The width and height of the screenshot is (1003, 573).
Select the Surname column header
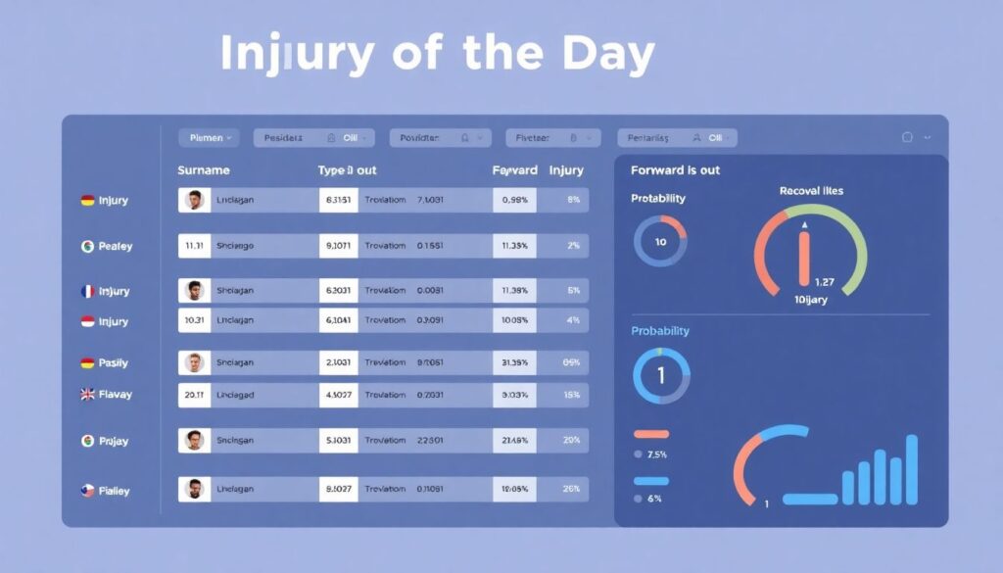pyautogui.click(x=204, y=170)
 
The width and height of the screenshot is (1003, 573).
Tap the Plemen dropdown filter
pyautogui.click(x=209, y=138)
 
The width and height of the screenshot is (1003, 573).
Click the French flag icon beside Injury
pyautogui.click(x=87, y=291)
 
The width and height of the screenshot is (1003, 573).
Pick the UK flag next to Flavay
pyautogui.click(x=87, y=394)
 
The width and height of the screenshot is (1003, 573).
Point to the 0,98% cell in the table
pyautogui.click(x=514, y=200)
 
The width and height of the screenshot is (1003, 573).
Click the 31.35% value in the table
pyautogui.click(x=514, y=362)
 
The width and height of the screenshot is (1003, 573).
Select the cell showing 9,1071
pyautogui.click(x=339, y=246)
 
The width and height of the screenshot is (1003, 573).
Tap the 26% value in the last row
pyautogui.click(x=572, y=488)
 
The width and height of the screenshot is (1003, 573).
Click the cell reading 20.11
pyautogui.click(x=193, y=395)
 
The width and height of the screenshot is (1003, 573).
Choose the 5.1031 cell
pyautogui.click(x=339, y=441)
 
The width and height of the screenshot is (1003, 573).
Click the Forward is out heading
pyautogui.click(x=675, y=170)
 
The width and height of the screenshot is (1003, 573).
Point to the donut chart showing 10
pyautogui.click(x=660, y=242)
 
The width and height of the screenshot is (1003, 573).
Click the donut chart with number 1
pyautogui.click(x=660, y=376)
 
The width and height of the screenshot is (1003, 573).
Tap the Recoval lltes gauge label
pyautogui.click(x=811, y=191)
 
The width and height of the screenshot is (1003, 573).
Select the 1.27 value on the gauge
pyautogui.click(x=825, y=283)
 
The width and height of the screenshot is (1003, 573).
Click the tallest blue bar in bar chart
pyautogui.click(x=911, y=469)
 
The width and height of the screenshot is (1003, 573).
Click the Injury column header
pyautogui.click(x=566, y=170)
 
